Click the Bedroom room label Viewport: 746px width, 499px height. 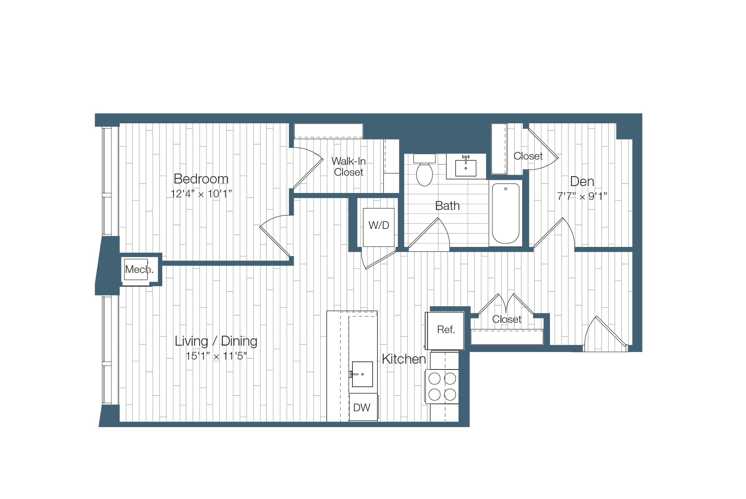coord(201,179)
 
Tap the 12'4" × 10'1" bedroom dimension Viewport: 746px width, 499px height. coord(201,194)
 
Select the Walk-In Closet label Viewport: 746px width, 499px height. coord(348,167)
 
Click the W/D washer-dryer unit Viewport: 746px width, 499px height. coord(379,226)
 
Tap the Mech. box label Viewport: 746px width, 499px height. coord(139,270)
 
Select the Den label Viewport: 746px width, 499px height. coord(582,181)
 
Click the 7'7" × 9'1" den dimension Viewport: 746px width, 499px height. coord(582,197)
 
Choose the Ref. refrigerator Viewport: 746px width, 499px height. coord(446,330)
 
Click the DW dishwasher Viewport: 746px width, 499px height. coord(362,408)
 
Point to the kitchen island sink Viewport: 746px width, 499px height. coord(362,374)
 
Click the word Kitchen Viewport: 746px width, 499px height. coord(404,359)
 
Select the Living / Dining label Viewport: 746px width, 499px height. coord(216,341)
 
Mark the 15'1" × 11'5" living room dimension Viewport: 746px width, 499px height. coord(216,356)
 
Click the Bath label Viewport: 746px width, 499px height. coord(447,206)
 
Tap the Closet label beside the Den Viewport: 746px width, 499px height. coord(528,156)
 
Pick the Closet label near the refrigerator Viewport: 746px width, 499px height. coord(507,320)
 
